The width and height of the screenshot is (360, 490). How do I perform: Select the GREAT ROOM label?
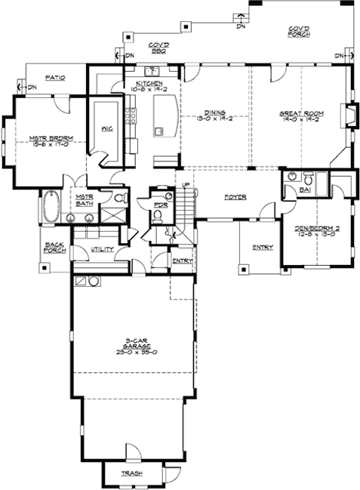coord(299,113)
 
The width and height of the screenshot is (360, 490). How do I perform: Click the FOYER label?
coord(235,197)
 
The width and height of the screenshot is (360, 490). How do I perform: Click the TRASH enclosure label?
coord(132,474)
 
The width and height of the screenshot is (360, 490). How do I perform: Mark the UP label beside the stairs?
coord(185,185)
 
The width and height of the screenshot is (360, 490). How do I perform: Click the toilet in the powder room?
coord(157,215)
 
